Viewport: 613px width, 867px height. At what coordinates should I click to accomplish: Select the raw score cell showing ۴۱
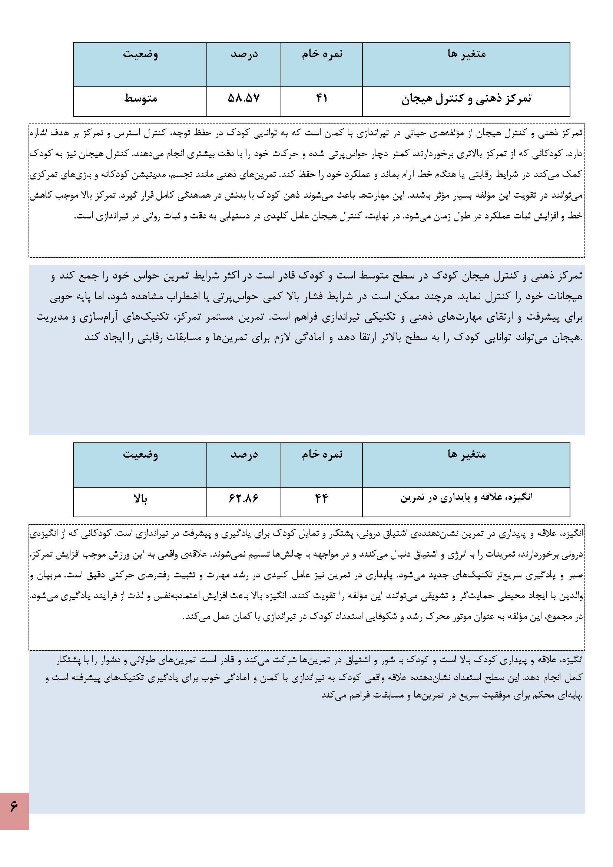(321, 99)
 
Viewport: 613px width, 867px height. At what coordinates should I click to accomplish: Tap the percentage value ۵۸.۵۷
(244, 99)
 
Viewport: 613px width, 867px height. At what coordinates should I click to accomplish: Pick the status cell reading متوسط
(140, 99)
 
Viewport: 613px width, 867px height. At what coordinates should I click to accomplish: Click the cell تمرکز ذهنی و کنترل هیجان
(466, 99)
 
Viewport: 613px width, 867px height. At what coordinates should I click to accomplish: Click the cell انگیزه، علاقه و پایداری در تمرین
(466, 498)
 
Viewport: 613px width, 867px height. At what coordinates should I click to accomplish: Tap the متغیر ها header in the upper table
(467, 55)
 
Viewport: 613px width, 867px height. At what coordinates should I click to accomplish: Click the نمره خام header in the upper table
(322, 55)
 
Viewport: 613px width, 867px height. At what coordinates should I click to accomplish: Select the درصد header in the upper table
(244, 55)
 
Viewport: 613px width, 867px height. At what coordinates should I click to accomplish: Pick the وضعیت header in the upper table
(140, 55)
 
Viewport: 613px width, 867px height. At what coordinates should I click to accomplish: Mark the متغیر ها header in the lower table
(467, 454)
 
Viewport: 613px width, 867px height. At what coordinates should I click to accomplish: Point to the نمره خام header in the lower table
(322, 454)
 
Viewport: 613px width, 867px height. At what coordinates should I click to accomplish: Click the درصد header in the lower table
(244, 454)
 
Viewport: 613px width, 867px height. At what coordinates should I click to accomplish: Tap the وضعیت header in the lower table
(140, 454)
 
